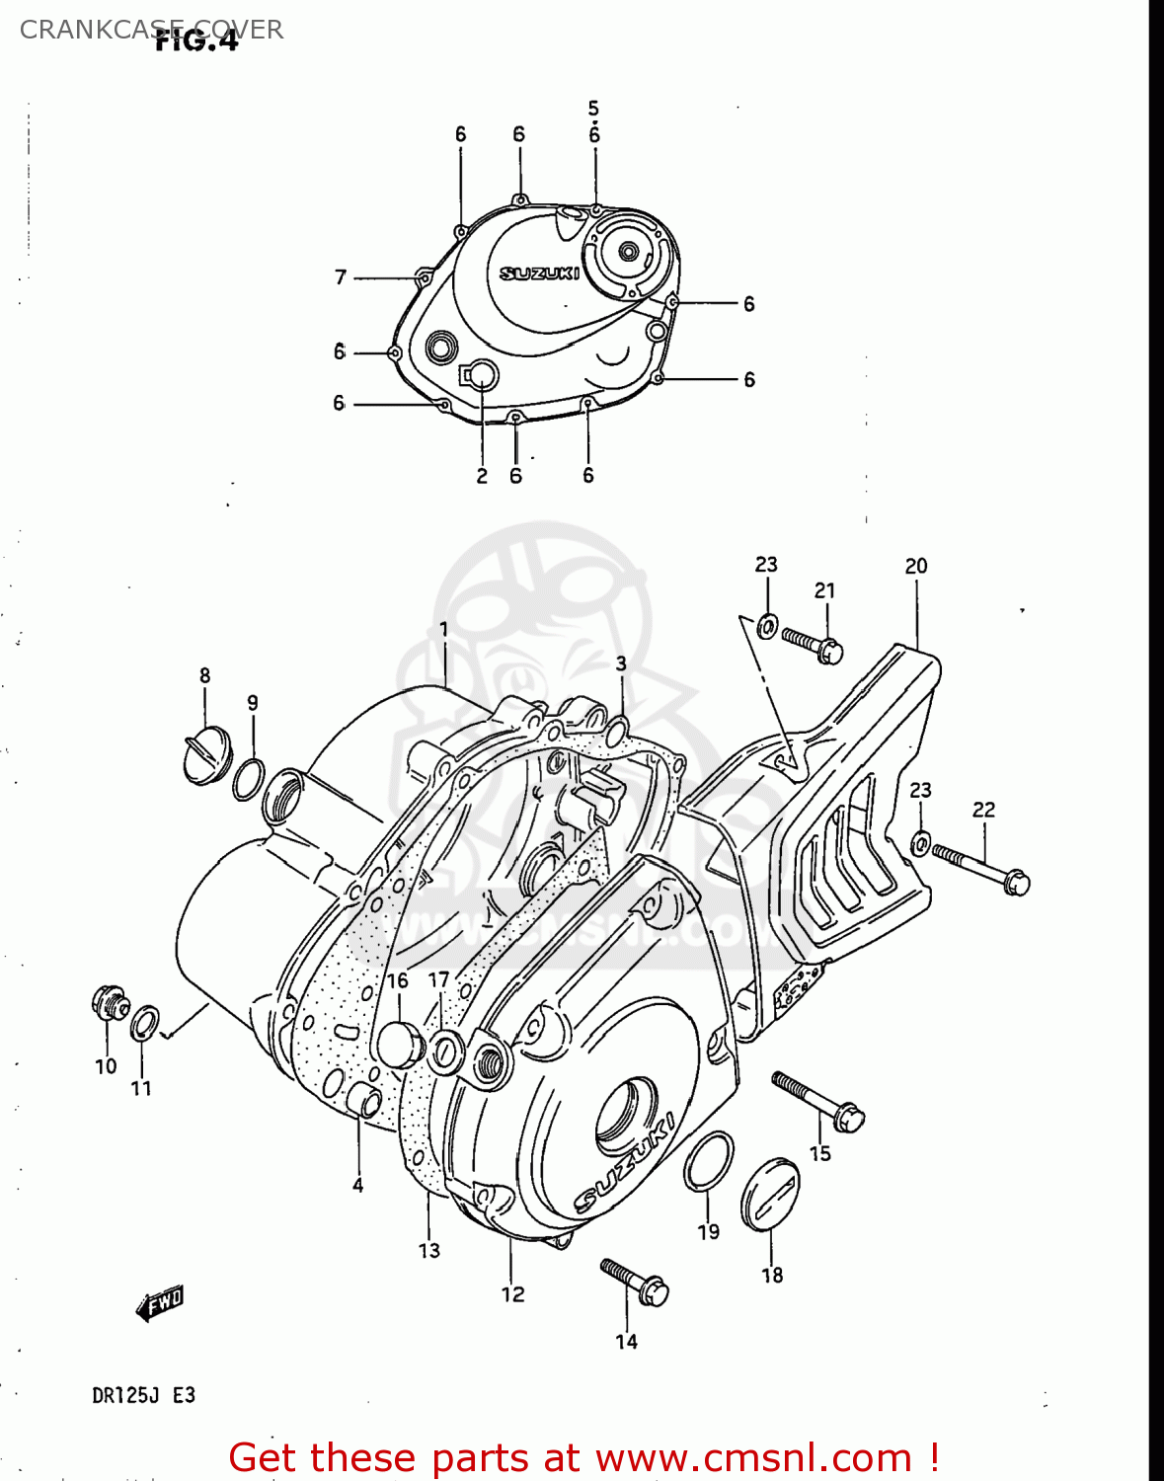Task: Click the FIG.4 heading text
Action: click(x=196, y=41)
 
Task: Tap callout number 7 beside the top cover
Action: click(x=341, y=277)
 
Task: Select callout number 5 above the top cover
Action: click(x=593, y=108)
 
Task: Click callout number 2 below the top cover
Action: click(x=482, y=476)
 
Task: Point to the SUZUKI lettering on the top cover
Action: click(x=539, y=273)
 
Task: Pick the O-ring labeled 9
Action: click(x=249, y=779)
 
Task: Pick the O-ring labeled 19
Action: click(x=708, y=1161)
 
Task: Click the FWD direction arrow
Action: click(x=160, y=1303)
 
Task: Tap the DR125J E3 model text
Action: click(x=143, y=1395)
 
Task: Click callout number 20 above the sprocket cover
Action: click(x=916, y=566)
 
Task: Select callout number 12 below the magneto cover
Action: click(x=512, y=1294)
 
